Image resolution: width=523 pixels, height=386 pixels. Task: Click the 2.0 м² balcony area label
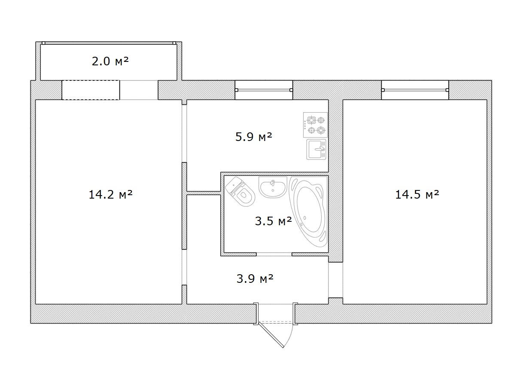(110, 61)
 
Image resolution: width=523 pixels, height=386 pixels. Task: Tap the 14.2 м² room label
(111, 194)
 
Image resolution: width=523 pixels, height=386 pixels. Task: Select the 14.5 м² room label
(417, 194)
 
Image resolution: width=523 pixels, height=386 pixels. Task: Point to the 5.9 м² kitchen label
(254, 137)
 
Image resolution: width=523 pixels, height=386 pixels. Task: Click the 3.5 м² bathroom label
(274, 221)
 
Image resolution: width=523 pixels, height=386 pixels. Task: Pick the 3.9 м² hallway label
(255, 279)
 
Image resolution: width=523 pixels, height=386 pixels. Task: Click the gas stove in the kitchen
(315, 125)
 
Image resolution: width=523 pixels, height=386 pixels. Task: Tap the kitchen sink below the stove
(316, 150)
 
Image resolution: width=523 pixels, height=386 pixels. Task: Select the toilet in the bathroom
(240, 191)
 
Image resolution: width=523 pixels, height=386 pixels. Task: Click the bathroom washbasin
(273, 187)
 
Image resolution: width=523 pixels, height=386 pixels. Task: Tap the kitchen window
(264, 90)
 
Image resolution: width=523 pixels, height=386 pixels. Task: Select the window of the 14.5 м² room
(415, 90)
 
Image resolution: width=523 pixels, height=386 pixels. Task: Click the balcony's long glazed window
(109, 43)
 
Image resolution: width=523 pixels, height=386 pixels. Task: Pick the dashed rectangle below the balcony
(91, 90)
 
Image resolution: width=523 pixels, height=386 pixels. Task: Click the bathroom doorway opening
(274, 254)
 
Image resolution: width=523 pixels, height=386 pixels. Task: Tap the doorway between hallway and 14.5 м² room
(335, 280)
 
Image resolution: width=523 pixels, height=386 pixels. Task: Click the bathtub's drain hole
(305, 218)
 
